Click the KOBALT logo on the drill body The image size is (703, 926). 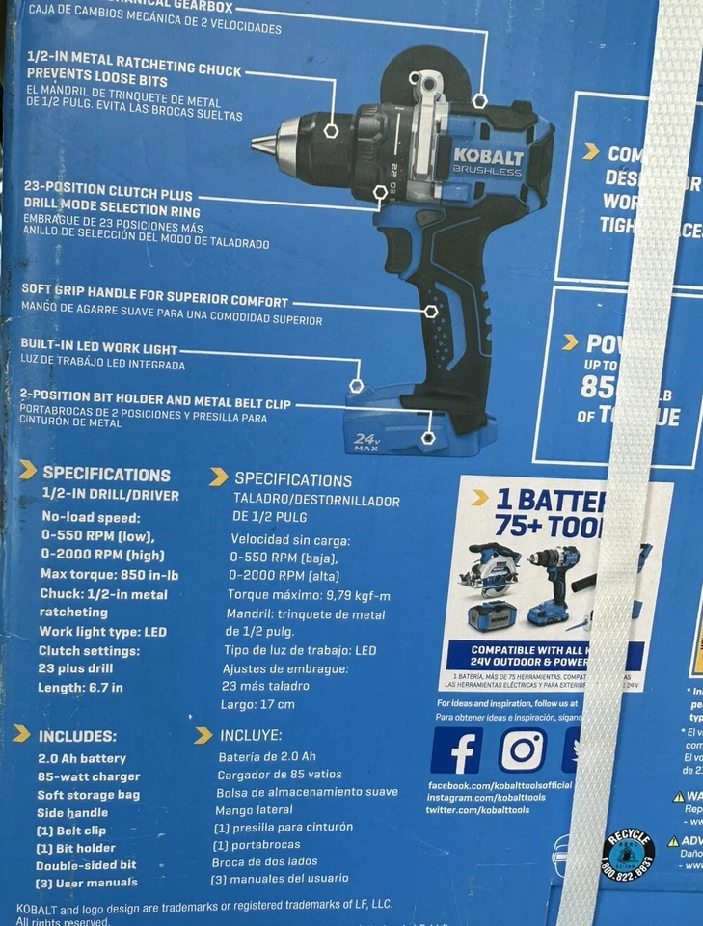pyautogui.click(x=486, y=156)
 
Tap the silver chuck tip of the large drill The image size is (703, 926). pyautogui.click(x=262, y=144)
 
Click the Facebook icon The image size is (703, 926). pyautogui.click(x=456, y=749)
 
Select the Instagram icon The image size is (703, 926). pyautogui.click(x=523, y=749)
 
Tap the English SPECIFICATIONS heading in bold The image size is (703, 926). pyautogui.click(x=106, y=475)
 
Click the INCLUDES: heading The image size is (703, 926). pyautogui.click(x=77, y=736)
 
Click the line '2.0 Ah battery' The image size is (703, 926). pyautogui.click(x=82, y=759)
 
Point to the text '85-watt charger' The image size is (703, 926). pyautogui.click(x=89, y=776)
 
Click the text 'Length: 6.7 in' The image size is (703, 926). pyautogui.click(x=81, y=688)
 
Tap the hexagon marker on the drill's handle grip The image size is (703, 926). pyautogui.click(x=430, y=311)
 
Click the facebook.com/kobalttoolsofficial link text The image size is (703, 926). pyautogui.click(x=500, y=785)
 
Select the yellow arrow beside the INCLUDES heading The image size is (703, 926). pyautogui.click(x=21, y=735)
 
